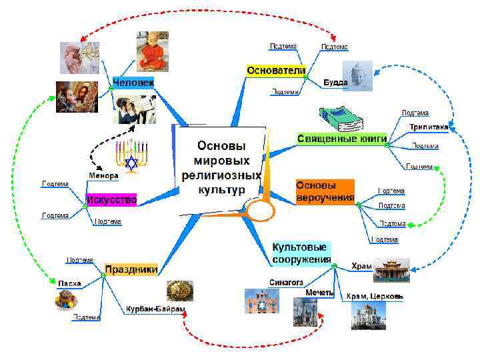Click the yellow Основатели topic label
pyautogui.click(x=276, y=70)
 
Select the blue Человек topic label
pyautogui.click(x=133, y=83)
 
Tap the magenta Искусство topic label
pyautogui.click(x=111, y=199)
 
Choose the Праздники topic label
pyautogui.click(x=131, y=269)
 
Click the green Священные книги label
pyautogui.click(x=341, y=138)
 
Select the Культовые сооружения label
pyautogui.click(x=301, y=253)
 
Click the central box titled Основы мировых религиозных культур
pyautogui.click(x=220, y=167)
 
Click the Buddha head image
pyautogui.click(x=357, y=76)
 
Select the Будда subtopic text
pyautogui.click(x=335, y=83)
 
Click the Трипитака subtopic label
pyautogui.click(x=429, y=126)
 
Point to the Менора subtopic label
pyautogui.click(x=103, y=175)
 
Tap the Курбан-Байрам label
pyautogui.click(x=155, y=309)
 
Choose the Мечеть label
pyautogui.click(x=319, y=293)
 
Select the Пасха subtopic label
pyautogui.click(x=69, y=283)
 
